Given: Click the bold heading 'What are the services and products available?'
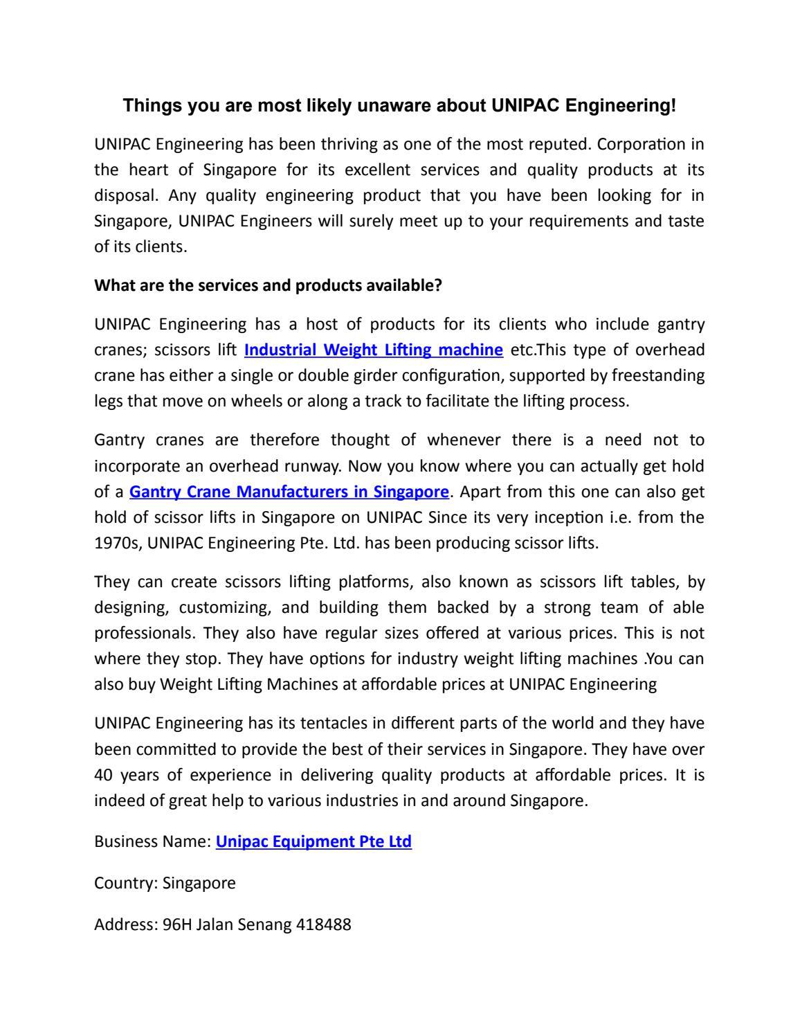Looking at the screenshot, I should [x=268, y=285].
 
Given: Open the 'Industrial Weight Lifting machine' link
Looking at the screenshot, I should [x=374, y=350].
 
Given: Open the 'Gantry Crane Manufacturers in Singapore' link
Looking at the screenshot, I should [x=289, y=492].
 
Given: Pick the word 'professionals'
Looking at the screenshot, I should [x=144, y=634].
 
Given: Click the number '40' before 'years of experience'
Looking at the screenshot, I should [x=103, y=775].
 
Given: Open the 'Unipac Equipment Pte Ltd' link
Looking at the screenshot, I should [x=313, y=842].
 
